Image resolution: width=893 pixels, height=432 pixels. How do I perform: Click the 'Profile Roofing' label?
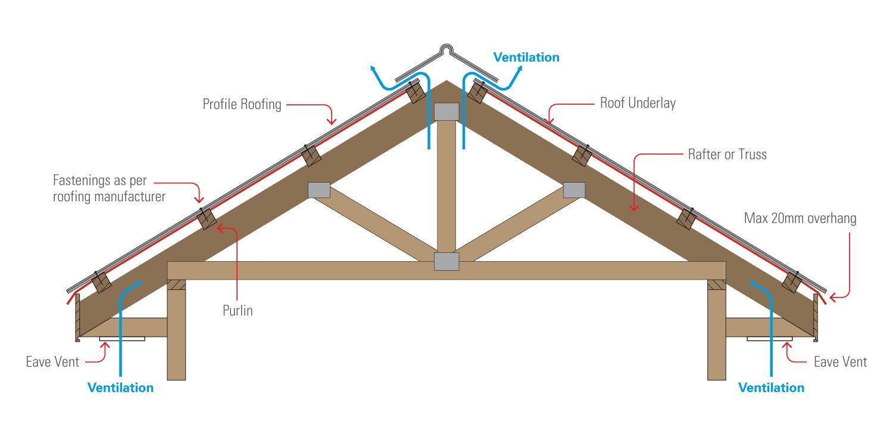(242, 104)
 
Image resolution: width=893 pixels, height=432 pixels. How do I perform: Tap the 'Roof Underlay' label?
(638, 103)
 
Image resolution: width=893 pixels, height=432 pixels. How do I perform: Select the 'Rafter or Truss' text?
(727, 154)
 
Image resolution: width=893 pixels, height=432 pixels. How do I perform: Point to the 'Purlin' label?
(238, 311)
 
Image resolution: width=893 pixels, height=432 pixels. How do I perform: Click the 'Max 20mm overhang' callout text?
(800, 218)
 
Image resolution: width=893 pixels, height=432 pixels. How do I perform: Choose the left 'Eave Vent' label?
(52, 362)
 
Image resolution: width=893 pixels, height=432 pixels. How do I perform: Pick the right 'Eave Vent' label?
(841, 362)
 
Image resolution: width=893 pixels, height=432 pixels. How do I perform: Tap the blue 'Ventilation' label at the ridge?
(526, 57)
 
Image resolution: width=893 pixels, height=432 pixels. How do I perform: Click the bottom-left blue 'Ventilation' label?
(120, 388)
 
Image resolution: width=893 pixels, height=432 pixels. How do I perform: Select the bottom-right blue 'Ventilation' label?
(771, 388)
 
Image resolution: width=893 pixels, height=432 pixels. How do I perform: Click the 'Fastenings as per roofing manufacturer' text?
(109, 189)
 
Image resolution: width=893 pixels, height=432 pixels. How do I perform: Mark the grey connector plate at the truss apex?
(447, 112)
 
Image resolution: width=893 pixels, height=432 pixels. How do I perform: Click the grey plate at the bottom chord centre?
(447, 261)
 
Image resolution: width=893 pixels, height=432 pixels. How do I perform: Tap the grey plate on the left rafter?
(319, 190)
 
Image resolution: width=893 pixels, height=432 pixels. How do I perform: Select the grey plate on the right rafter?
(574, 190)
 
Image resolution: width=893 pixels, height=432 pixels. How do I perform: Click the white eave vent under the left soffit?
(122, 339)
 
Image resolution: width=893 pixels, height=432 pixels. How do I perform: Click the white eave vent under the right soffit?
(769, 339)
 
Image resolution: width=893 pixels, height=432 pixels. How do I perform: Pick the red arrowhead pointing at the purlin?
(220, 227)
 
